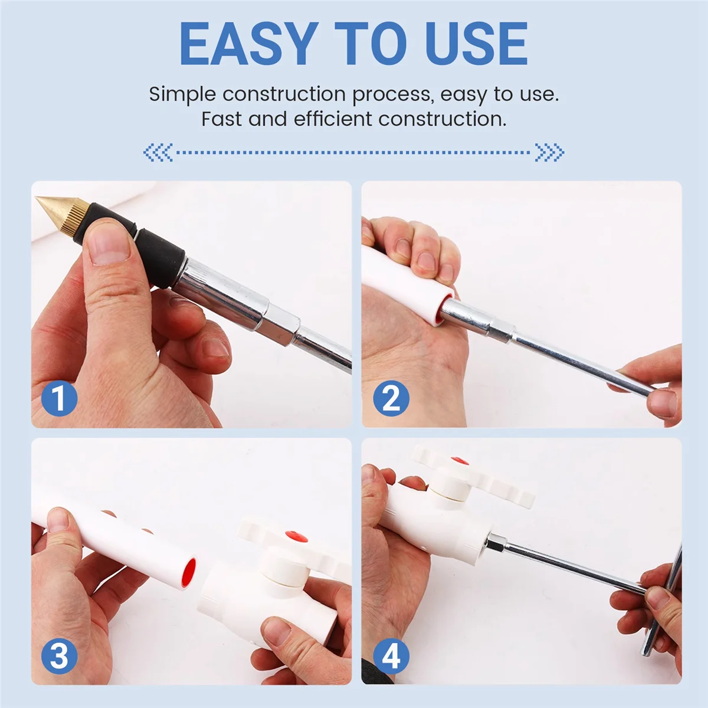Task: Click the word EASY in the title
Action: click(249, 44)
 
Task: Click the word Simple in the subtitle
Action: click(182, 95)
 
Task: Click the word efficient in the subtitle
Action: click(333, 119)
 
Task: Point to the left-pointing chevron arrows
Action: click(158, 152)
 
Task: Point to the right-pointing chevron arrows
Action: click(550, 152)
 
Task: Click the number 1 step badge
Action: click(59, 398)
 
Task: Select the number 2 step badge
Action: click(391, 399)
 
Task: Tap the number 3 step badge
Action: click(59, 656)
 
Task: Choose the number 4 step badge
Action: click(391, 656)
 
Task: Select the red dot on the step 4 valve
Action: click(460, 461)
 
